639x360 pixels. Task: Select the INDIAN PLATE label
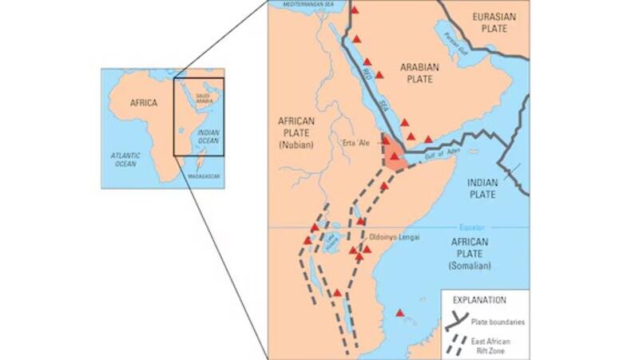click(482, 188)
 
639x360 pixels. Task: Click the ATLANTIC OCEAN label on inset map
click(126, 159)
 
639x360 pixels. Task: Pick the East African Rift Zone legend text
click(497, 346)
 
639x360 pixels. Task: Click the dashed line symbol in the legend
click(458, 345)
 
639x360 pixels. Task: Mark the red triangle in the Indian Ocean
click(400, 312)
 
